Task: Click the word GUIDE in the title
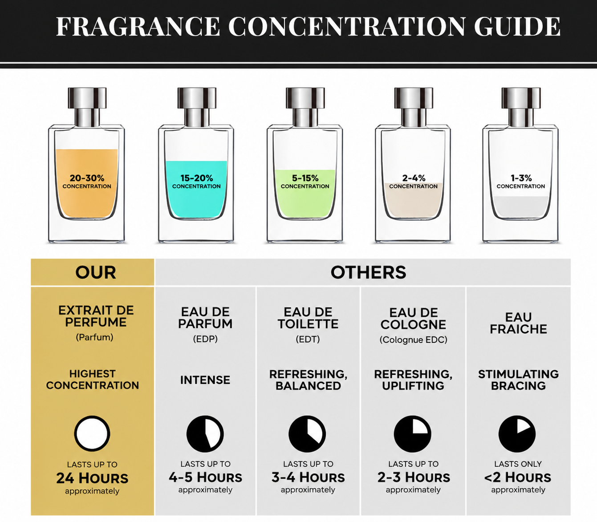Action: click(517, 27)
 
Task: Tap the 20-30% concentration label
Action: click(87, 182)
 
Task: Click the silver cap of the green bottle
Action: click(305, 107)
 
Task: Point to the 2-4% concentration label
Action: click(414, 182)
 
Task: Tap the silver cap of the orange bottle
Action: click(87, 107)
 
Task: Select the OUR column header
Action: click(96, 272)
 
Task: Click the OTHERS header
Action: click(368, 272)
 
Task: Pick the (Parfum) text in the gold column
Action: click(94, 337)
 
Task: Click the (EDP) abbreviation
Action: click(205, 339)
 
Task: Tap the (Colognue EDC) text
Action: click(414, 340)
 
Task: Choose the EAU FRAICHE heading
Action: click(519, 323)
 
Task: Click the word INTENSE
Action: click(205, 380)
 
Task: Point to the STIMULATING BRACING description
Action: click(519, 380)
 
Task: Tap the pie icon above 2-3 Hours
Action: click(413, 434)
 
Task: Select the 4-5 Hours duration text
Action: click(205, 477)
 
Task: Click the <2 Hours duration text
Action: click(518, 477)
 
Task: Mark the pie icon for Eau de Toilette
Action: click(307, 434)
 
